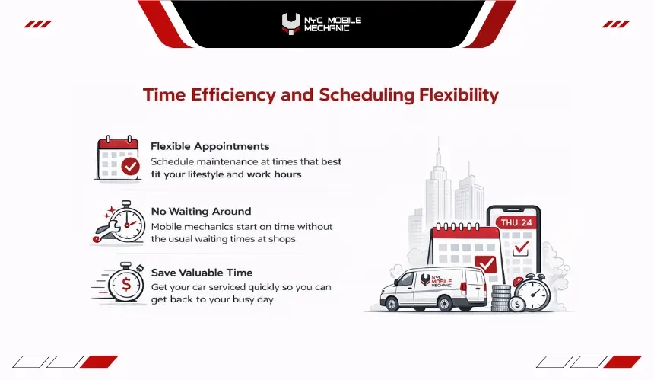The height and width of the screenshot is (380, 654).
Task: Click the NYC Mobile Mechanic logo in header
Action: (321, 24)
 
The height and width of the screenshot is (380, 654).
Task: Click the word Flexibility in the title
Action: (459, 95)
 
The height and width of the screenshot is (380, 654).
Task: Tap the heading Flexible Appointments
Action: (210, 146)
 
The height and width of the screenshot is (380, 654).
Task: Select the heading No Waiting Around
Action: (201, 211)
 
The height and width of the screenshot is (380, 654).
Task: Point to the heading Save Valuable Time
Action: (202, 273)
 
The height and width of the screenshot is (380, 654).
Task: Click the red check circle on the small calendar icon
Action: (131, 167)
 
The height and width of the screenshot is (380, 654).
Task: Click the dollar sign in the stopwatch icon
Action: (126, 284)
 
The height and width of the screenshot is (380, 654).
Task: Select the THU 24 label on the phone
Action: (516, 222)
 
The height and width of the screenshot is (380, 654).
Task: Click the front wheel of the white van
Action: (392, 304)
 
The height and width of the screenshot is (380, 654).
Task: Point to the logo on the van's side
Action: (437, 280)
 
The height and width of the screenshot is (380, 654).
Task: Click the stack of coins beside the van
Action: (500, 299)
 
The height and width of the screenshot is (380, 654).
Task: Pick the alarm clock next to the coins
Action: (533, 292)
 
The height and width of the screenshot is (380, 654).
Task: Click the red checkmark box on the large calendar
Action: (485, 264)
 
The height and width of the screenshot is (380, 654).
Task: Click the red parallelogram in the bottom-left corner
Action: (99, 362)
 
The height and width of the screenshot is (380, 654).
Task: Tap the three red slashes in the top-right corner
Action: (616, 24)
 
